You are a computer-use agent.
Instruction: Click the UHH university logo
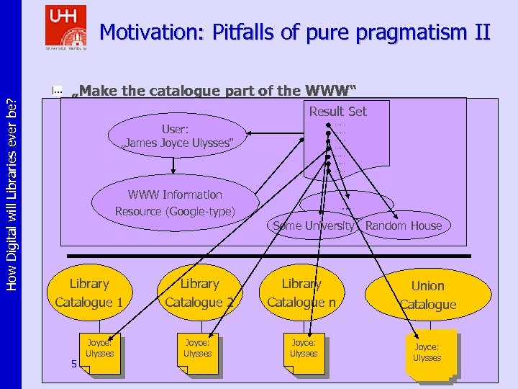(65, 27)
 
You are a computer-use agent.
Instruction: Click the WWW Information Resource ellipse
(175, 202)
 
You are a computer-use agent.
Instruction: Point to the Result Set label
(337, 111)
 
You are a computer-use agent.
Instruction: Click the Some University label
(314, 225)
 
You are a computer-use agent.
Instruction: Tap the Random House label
(403, 225)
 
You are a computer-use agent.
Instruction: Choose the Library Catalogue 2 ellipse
(199, 292)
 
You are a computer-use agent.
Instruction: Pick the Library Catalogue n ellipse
(301, 292)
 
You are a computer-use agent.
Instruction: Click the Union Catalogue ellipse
(428, 295)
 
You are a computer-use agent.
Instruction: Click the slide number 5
(73, 364)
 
